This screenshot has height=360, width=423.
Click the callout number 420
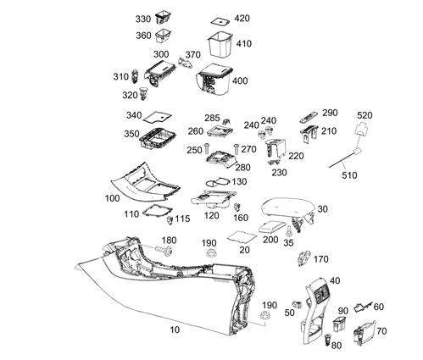tap(242, 18)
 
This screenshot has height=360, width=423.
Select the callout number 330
tap(143, 19)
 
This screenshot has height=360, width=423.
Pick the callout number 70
tap(381, 331)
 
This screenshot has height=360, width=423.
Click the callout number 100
tap(111, 197)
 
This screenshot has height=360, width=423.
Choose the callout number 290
tap(330, 113)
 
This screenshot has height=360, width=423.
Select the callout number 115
tap(182, 219)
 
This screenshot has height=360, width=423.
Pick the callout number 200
tap(270, 240)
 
